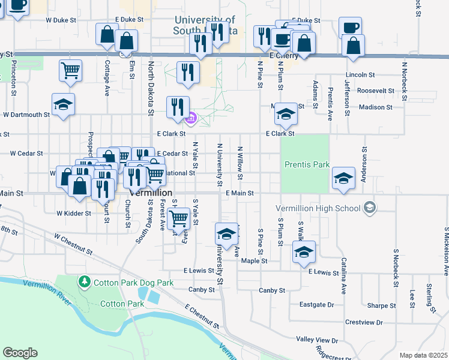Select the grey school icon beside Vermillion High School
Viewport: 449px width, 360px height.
pyautogui.click(x=370, y=208)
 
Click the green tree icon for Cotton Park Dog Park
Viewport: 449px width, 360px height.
pyautogui.click(x=84, y=281)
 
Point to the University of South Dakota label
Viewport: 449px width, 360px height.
pyautogui.click(x=205, y=25)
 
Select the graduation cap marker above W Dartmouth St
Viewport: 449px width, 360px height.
pyautogui.click(x=63, y=104)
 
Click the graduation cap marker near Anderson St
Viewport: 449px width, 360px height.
pyautogui.click(x=343, y=178)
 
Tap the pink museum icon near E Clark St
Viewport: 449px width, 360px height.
pyautogui.click(x=191, y=118)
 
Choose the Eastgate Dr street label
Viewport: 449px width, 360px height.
pyautogui.click(x=316, y=305)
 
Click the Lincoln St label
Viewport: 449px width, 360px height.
pyautogui.click(x=360, y=75)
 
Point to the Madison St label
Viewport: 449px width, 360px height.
pyautogui.click(x=375, y=107)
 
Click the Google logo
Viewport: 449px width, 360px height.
pyautogui.click(x=20, y=353)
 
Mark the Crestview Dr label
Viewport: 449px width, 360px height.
pyautogui.click(x=364, y=322)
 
